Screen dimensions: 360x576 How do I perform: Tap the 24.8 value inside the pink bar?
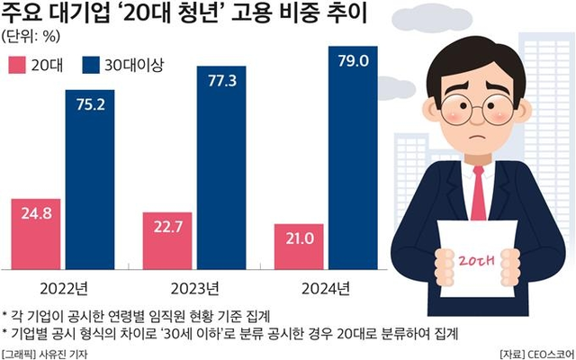coord(35,214)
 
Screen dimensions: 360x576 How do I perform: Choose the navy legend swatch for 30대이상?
coord(90,66)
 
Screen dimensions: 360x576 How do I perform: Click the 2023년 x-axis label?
coord(195,288)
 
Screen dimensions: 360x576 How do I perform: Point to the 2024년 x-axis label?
coord(327,288)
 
